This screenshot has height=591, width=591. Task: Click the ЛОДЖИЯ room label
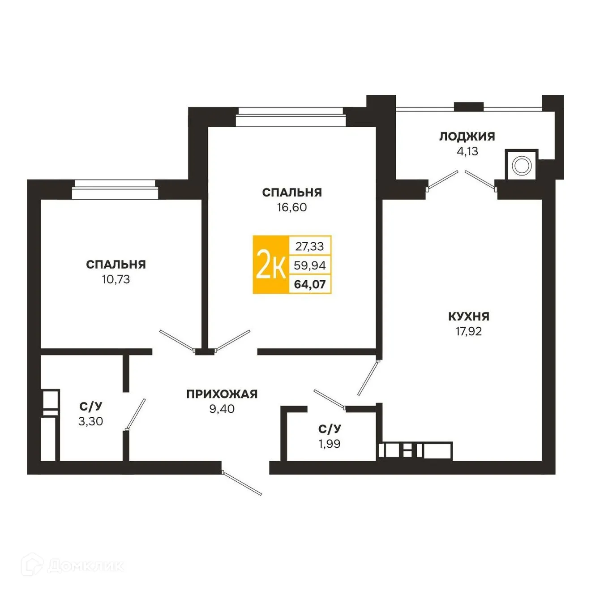click(467, 137)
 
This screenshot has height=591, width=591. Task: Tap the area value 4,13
click(467, 151)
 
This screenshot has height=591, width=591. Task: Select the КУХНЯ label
click(468, 317)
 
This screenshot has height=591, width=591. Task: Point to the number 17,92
click(468, 331)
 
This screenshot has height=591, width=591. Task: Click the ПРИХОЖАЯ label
click(222, 394)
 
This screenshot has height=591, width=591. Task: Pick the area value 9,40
click(222, 409)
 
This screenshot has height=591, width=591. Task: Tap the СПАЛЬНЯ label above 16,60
click(292, 193)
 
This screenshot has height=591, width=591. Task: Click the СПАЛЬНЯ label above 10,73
click(116, 265)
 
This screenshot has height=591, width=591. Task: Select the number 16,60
click(292, 207)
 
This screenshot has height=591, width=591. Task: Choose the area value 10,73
click(116, 279)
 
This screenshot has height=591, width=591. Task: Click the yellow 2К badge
click(271, 265)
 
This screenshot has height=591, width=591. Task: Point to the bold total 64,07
click(310, 284)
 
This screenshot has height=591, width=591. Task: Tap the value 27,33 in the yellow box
click(309, 246)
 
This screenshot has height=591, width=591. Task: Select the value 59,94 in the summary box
click(310, 266)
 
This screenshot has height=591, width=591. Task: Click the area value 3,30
click(91, 421)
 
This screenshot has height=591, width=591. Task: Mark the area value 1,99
click(330, 444)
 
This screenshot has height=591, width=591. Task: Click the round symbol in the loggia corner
click(521, 166)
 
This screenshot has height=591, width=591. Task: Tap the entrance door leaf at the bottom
click(242, 483)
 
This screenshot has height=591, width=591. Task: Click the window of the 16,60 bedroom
click(291, 117)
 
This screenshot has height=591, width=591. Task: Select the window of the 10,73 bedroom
click(115, 189)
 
